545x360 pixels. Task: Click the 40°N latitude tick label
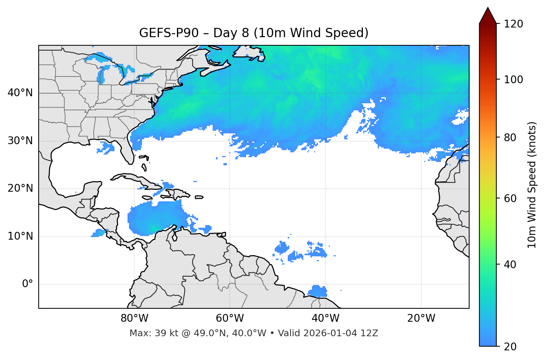pos(20,93)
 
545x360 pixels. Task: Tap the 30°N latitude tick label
pos(20,141)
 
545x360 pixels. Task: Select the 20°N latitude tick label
pos(20,188)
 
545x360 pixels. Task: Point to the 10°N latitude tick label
pos(20,236)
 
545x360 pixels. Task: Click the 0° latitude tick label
pos(28,284)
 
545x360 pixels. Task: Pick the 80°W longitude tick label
pos(134,318)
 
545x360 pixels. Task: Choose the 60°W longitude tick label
pos(230,318)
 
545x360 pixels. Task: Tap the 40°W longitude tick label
pos(326,318)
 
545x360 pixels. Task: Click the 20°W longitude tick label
pos(421,318)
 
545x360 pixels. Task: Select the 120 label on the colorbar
pos(513,24)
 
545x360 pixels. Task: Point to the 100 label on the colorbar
pos(513,80)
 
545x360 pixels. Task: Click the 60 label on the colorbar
pos(510,198)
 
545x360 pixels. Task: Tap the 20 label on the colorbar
pos(510,347)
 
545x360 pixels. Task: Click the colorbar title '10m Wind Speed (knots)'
pos(532,185)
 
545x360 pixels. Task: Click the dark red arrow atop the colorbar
pos(488,16)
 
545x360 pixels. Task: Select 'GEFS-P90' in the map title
pos(164,33)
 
